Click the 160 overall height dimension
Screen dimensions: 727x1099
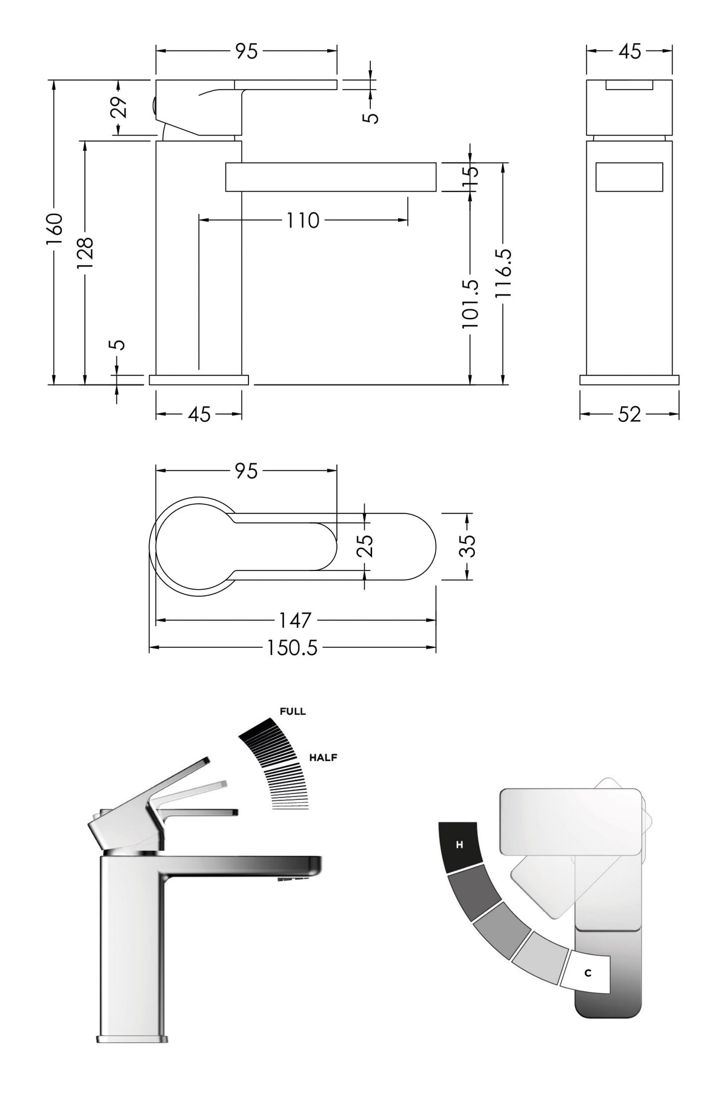tap(54, 233)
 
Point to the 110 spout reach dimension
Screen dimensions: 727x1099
tap(302, 220)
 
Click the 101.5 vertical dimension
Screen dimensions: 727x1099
tap(470, 303)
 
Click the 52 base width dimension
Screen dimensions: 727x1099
tap(629, 414)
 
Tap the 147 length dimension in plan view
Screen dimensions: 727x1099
tap(295, 620)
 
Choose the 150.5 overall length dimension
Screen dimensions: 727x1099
tap(293, 648)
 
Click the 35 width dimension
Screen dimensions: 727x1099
tap(468, 545)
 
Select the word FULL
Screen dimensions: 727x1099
tap(293, 711)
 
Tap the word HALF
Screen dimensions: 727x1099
tap(323, 757)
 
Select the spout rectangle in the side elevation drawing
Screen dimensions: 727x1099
tap(331, 177)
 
